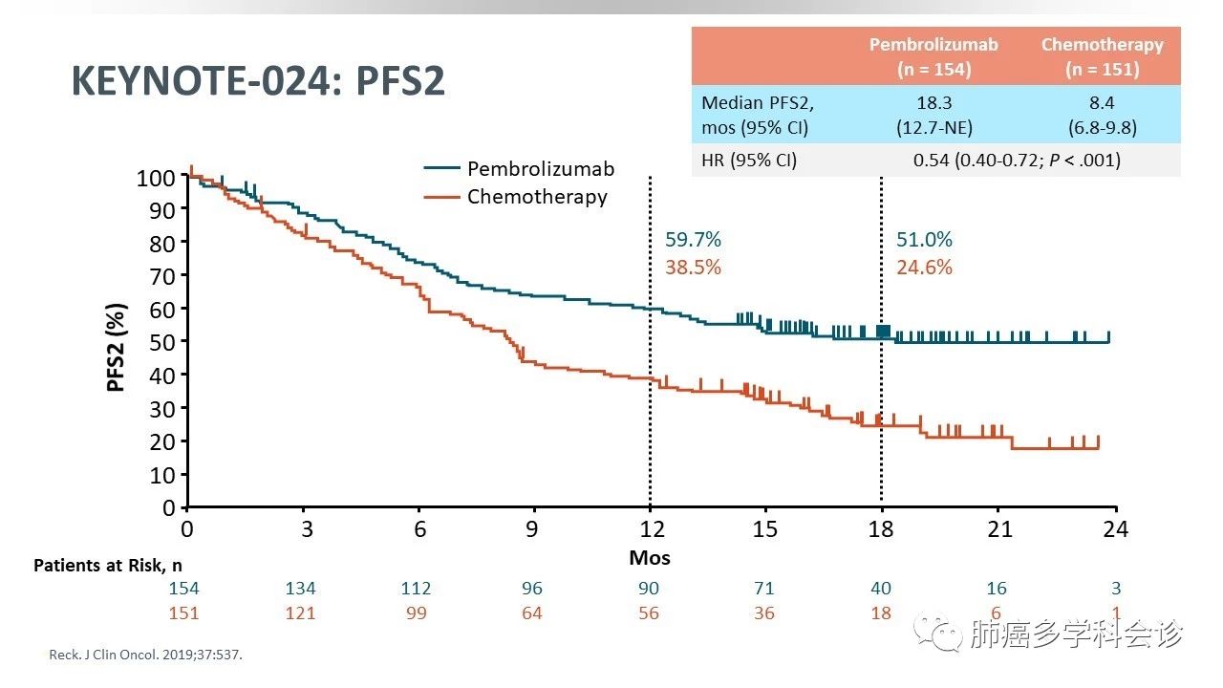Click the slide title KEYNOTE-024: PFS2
(x=258, y=82)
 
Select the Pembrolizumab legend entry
(x=540, y=169)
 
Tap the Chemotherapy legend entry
(x=537, y=197)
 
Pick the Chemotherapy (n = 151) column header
(x=1102, y=56)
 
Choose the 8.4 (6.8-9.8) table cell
(x=1102, y=115)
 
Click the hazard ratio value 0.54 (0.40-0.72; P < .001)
(x=1017, y=161)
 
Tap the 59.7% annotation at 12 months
(x=693, y=240)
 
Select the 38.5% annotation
(x=693, y=268)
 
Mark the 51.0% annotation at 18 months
(x=924, y=240)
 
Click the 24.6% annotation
(x=924, y=268)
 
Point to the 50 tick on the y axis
(x=163, y=341)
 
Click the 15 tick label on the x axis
(x=764, y=528)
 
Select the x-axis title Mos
(x=650, y=557)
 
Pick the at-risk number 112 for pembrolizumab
(x=417, y=589)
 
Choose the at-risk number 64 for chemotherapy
(x=531, y=613)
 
